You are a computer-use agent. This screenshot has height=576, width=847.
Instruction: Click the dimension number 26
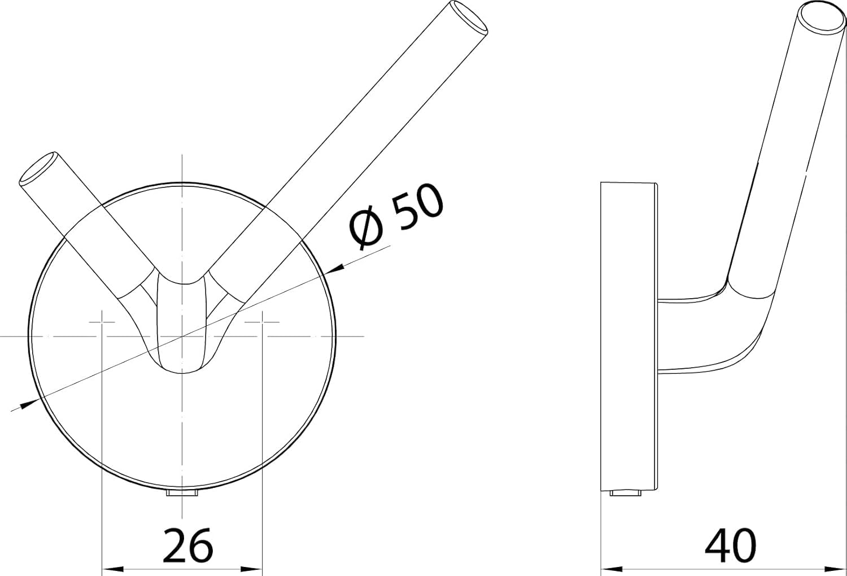tap(187, 545)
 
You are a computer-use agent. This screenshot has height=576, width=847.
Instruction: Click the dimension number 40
tap(730, 545)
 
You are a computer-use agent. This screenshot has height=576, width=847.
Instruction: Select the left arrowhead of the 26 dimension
tap(113, 569)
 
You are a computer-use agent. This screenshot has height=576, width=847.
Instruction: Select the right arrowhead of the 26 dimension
tap(251, 569)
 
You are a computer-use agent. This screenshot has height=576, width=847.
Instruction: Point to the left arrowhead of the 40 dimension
tap(612, 569)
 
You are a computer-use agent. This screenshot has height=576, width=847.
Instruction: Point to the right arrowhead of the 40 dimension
tap(834, 569)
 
